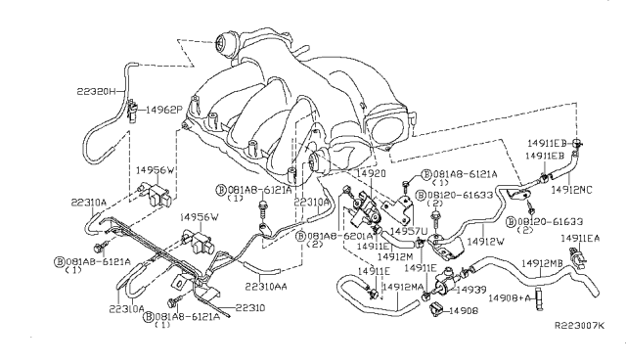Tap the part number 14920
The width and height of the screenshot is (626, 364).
click(372, 173)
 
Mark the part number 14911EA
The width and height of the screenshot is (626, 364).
click(582, 238)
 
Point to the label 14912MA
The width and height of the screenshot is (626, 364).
click(403, 286)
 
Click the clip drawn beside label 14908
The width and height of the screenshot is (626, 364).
click(433, 310)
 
